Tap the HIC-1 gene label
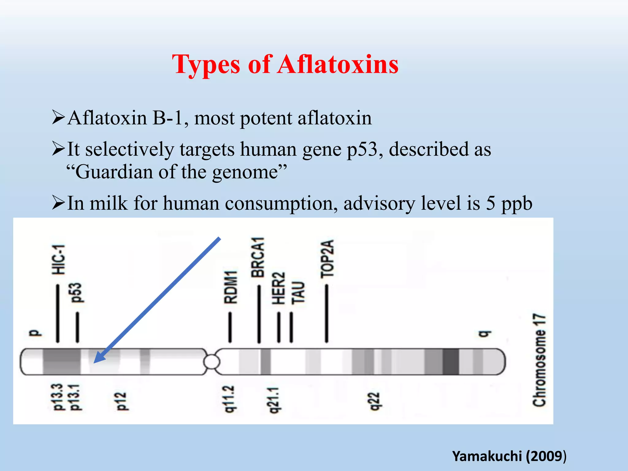click(58, 259)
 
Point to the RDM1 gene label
click(231, 287)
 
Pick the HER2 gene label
click(278, 288)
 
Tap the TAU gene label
click(298, 293)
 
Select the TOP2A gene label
click(327, 258)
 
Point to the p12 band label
click(122, 401)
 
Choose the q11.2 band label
click(229, 399)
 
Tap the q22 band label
click(375, 401)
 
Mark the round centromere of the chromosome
click(212, 362)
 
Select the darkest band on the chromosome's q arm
click(450, 362)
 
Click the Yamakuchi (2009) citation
click(509, 456)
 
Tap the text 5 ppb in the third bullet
click(509, 203)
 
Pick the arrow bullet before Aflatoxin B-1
click(58, 118)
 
